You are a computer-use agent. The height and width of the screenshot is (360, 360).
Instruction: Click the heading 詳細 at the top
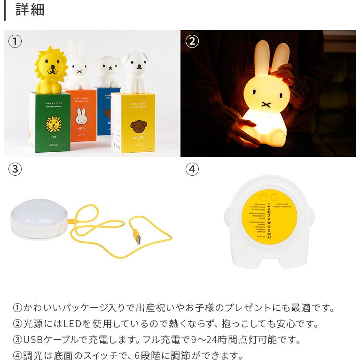(30, 10)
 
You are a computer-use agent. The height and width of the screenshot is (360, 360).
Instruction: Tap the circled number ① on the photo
(15, 41)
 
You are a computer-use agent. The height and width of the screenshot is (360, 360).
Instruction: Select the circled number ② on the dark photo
(192, 41)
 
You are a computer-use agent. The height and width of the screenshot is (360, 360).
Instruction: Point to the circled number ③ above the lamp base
(15, 169)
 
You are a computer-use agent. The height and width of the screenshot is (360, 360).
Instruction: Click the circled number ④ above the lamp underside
(192, 169)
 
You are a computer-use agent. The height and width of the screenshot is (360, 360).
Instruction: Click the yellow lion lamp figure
(51, 70)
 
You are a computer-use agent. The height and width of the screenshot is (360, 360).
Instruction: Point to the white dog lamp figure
(135, 72)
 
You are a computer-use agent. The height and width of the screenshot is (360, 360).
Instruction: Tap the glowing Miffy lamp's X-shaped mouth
(266, 103)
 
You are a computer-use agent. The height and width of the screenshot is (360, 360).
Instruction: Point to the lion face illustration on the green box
(53, 124)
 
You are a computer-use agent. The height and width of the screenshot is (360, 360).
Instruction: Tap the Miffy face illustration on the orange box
(81, 116)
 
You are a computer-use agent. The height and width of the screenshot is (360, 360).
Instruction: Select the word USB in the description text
(33, 339)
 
